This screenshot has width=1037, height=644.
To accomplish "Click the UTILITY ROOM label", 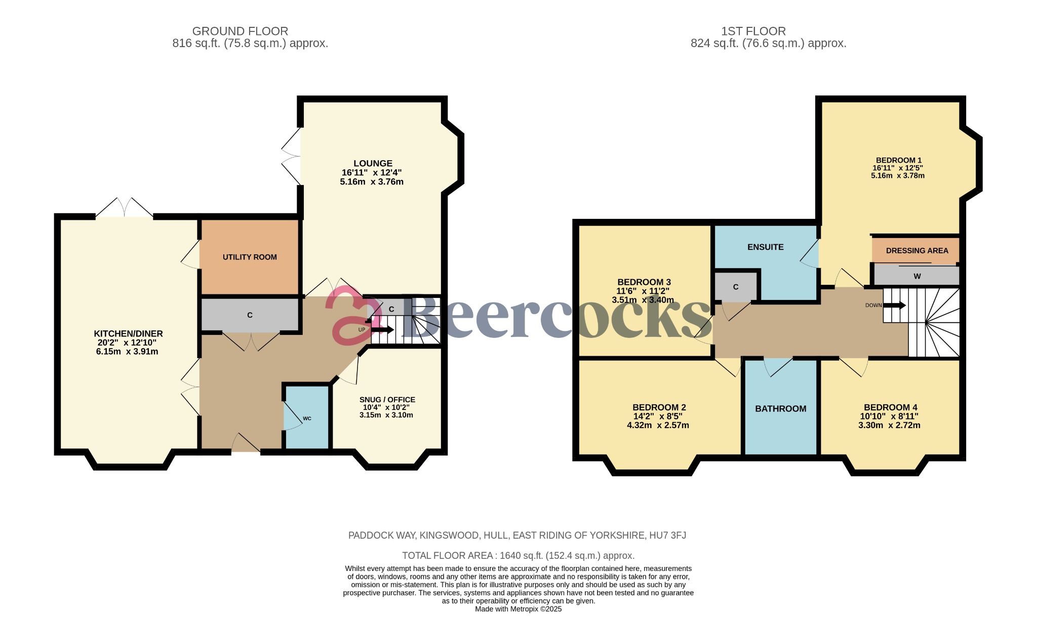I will [x=250, y=257].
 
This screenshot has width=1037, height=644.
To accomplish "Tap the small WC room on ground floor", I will [x=306, y=418].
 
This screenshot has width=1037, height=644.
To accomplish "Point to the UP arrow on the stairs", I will [x=382, y=330].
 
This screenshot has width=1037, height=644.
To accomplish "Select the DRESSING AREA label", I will [x=916, y=250].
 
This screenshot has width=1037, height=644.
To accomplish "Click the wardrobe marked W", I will [x=916, y=276].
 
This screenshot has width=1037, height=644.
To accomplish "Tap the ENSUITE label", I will [x=765, y=247].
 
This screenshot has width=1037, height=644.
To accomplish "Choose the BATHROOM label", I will [x=780, y=408].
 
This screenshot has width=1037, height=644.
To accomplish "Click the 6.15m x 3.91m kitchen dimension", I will [x=127, y=351].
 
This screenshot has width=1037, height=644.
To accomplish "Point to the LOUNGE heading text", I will [x=373, y=163].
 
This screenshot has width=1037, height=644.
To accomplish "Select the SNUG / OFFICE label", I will [x=387, y=399].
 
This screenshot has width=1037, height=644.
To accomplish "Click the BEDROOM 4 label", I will [x=890, y=407].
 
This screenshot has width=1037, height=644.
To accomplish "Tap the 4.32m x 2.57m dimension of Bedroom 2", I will [x=658, y=425].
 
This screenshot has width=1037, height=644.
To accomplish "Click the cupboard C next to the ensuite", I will [x=735, y=287].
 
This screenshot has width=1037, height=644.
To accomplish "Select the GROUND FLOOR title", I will [x=240, y=31].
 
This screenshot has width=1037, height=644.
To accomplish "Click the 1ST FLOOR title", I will [x=753, y=31].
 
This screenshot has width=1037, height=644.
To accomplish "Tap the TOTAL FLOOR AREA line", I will [x=518, y=555].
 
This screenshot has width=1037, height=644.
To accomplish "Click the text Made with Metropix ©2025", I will [x=518, y=609].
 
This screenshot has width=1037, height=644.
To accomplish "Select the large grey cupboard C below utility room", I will [x=250, y=315].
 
